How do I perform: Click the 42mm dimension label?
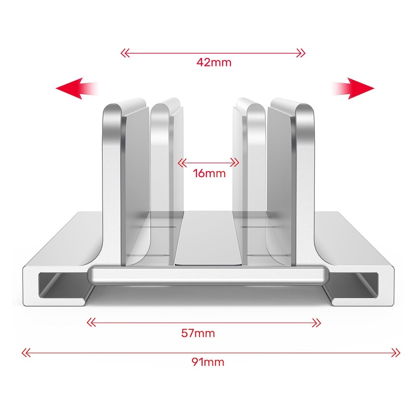coord(214,63)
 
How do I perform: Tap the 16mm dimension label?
coord(209,173)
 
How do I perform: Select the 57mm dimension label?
coord(198,333)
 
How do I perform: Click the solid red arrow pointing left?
coord(73,89)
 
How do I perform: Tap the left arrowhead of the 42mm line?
coord(123,53)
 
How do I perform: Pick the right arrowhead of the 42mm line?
coord(302,53)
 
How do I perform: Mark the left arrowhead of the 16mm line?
coord(181,162)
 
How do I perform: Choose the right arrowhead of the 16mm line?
coord(237,162)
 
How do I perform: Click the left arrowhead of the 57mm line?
coord(90,323)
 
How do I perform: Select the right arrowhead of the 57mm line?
coord(318,323)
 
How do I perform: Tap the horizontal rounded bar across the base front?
coord(208,276)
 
